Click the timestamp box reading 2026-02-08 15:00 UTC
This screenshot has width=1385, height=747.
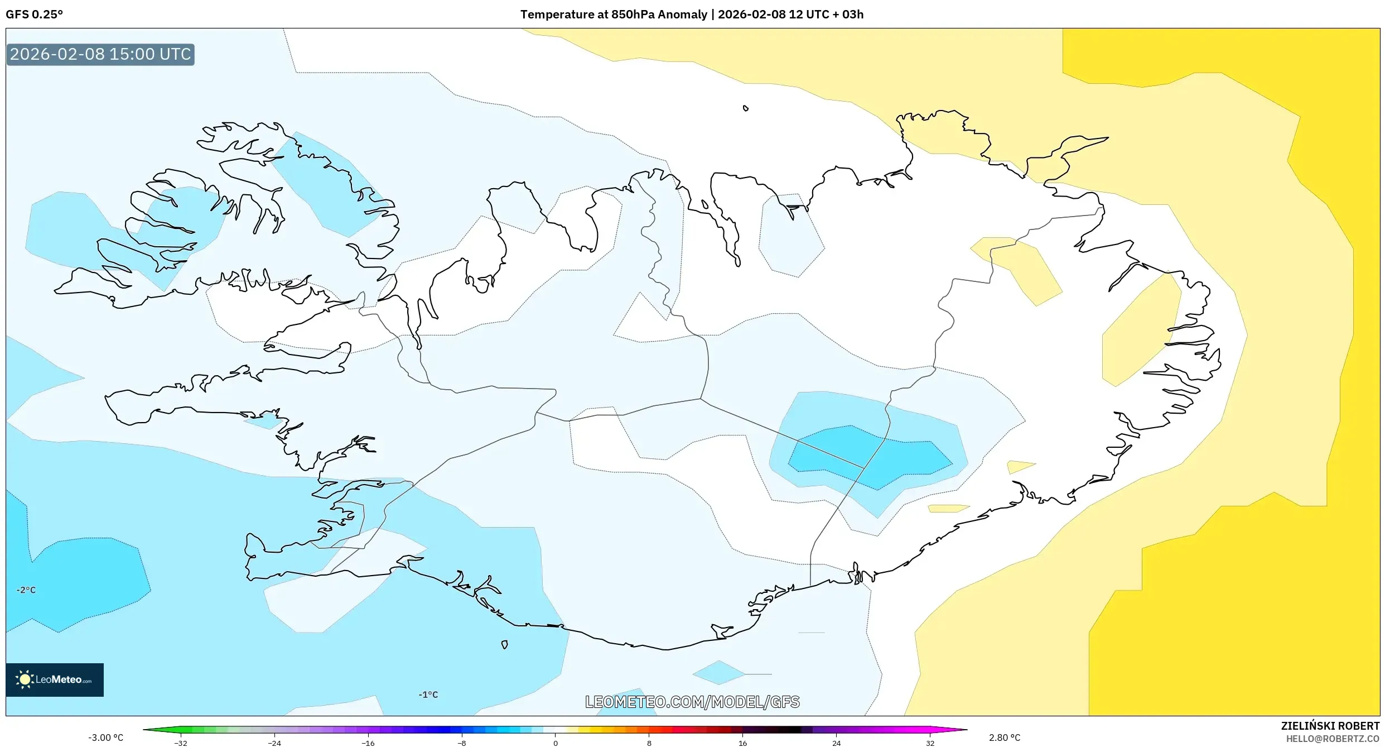(x=100, y=54)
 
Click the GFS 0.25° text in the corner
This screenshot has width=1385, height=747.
(x=34, y=15)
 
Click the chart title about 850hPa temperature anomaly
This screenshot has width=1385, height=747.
(x=692, y=15)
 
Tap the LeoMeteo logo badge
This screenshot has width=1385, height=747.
(x=55, y=679)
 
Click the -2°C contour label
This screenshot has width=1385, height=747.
(x=26, y=590)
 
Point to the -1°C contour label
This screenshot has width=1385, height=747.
(x=428, y=695)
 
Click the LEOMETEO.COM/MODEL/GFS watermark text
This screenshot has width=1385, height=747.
(x=692, y=702)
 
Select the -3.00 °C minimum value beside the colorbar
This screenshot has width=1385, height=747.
(x=105, y=738)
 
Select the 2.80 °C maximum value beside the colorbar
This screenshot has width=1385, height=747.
(x=1005, y=738)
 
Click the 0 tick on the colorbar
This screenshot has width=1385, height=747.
(x=555, y=743)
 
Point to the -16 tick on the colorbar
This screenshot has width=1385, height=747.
(x=368, y=743)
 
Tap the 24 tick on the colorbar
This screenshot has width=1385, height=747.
(x=836, y=743)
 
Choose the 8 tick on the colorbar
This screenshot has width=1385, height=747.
(x=649, y=743)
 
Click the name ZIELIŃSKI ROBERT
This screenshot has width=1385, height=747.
(x=1330, y=726)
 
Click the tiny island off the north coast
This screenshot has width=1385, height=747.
(x=746, y=108)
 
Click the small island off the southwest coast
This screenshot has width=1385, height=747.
(x=504, y=645)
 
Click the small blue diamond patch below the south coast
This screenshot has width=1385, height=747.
(x=718, y=673)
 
